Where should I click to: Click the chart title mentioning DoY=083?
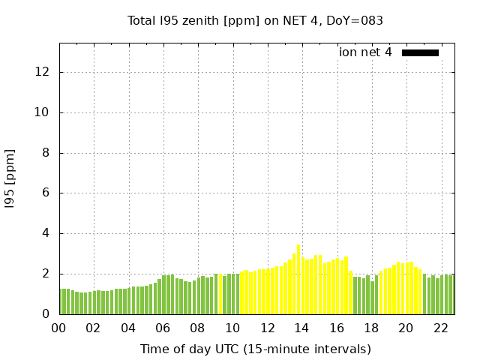(x=255, y=21)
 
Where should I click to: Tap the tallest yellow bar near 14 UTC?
(x=298, y=279)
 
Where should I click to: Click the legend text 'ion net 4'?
(x=365, y=52)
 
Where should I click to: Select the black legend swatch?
(x=420, y=52)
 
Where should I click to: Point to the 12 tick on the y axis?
(x=42, y=72)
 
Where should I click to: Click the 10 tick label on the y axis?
(x=42, y=112)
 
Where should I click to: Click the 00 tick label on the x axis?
(x=59, y=328)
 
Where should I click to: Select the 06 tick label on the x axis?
(x=163, y=328)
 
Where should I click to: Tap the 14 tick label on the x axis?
(x=301, y=328)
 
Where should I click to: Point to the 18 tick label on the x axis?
(x=370, y=328)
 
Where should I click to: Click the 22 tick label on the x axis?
(x=440, y=328)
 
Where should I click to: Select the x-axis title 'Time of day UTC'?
(x=255, y=349)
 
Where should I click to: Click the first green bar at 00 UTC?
(x=61, y=301)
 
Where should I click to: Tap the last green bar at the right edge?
(x=451, y=295)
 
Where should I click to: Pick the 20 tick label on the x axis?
(x=406, y=328)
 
